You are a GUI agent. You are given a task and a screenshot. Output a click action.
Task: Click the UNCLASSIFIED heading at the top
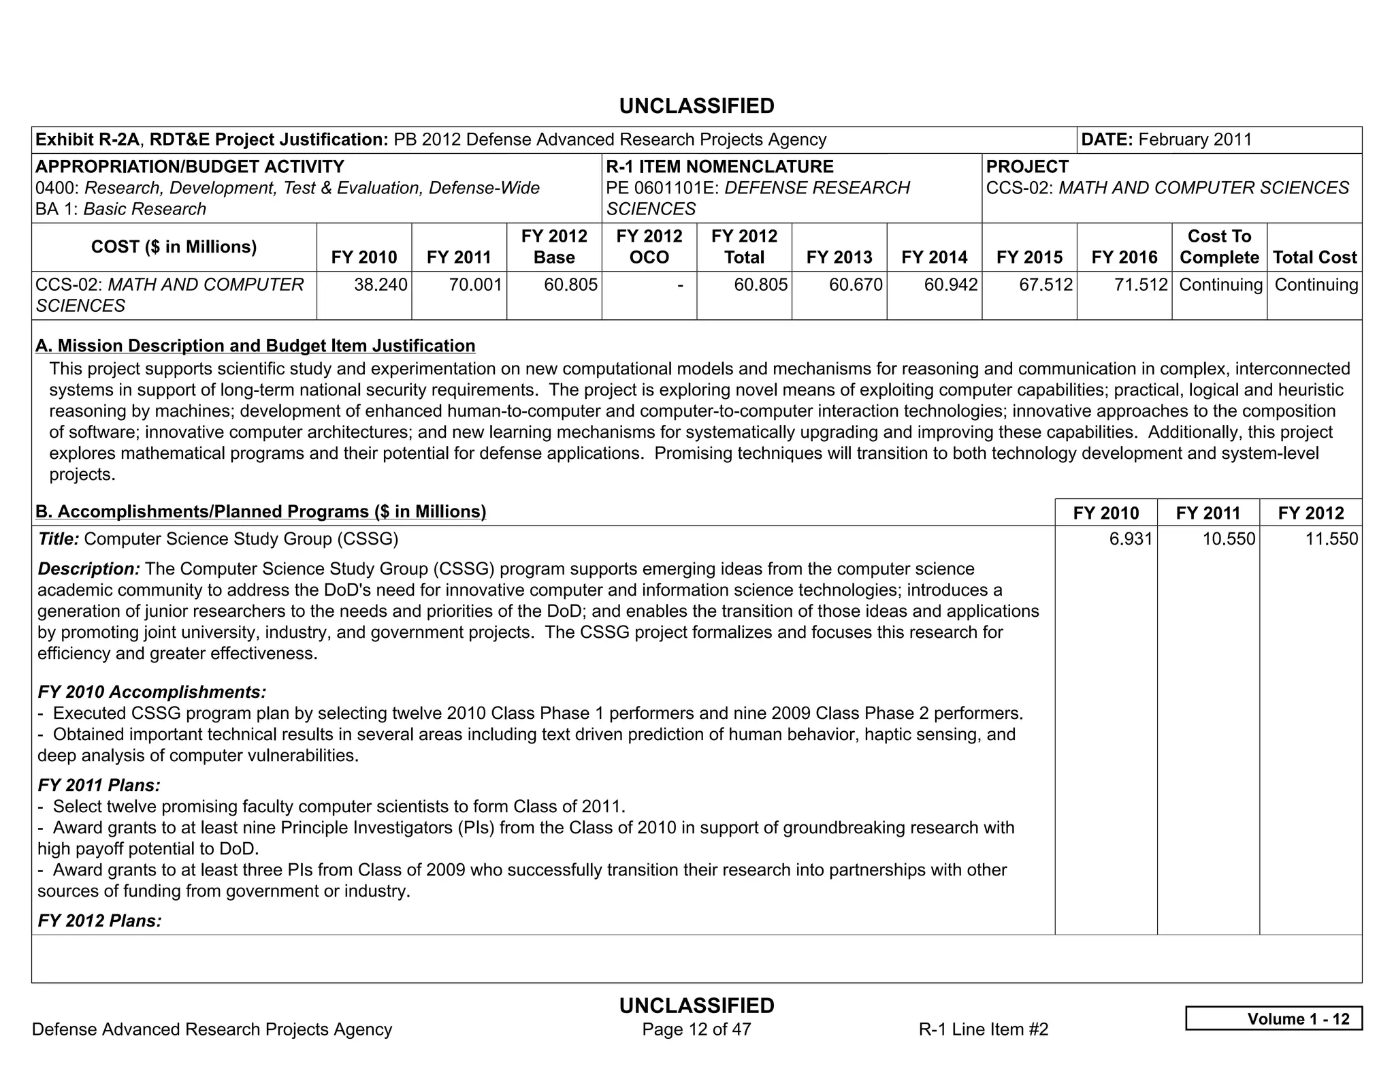click(696, 106)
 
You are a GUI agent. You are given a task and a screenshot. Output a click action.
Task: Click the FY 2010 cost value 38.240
click(380, 285)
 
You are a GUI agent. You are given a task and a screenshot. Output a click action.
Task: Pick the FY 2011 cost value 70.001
click(475, 285)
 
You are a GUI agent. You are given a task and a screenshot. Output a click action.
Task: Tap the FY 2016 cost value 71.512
click(1141, 285)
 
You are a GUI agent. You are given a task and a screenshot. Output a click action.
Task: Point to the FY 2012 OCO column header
click(649, 246)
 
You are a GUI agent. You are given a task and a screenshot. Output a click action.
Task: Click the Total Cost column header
click(1314, 257)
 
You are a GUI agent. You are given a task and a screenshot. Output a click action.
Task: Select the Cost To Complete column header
click(1219, 246)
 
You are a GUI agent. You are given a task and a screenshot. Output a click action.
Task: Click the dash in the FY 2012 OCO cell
click(679, 285)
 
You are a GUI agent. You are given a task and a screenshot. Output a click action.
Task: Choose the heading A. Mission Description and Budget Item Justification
click(255, 346)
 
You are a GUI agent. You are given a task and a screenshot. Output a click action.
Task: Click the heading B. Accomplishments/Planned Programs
click(261, 511)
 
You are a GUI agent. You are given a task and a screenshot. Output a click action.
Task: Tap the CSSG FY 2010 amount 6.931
click(1131, 539)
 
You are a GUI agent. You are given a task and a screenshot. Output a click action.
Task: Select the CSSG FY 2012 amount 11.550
click(1331, 539)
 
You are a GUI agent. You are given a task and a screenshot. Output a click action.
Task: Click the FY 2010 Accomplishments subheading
click(152, 692)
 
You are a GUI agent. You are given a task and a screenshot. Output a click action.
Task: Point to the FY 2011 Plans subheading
click(99, 786)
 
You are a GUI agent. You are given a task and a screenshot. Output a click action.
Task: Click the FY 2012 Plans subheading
click(99, 921)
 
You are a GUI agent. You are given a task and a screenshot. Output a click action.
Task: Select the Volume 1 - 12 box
click(1274, 1018)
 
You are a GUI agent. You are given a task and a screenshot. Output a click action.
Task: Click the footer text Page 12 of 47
click(696, 1029)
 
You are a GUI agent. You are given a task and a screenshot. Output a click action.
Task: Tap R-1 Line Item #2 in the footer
click(983, 1029)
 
